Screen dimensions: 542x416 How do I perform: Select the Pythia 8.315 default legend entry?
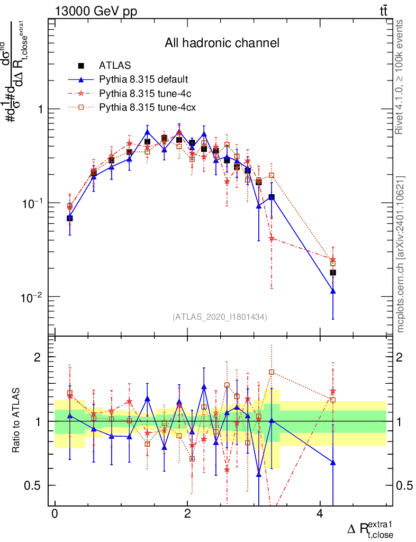coord(143,80)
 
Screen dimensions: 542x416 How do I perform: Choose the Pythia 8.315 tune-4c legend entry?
coord(143,94)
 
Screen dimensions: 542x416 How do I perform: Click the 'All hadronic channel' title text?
coord(222,43)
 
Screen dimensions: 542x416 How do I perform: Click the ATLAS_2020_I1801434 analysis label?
coord(220,317)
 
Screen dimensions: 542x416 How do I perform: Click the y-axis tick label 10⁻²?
coord(32,297)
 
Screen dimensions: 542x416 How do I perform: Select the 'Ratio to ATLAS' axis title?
coord(17,421)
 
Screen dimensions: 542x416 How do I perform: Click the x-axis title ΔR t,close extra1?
coord(370,529)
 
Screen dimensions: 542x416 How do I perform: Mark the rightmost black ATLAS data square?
coord(333,273)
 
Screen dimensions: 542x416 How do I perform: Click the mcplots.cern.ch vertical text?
coord(401,255)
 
